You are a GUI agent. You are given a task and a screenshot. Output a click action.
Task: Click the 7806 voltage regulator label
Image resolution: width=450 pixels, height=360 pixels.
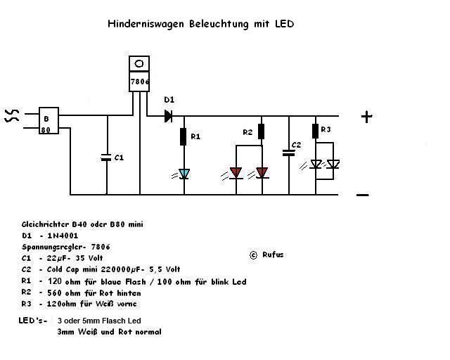(140, 82)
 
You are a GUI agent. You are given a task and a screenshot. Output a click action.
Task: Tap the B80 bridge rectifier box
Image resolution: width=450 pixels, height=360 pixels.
(47, 120)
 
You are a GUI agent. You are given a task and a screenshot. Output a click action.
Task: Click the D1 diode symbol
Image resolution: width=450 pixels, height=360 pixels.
(169, 116)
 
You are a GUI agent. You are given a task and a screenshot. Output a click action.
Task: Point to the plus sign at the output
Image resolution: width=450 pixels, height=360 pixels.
(366, 117)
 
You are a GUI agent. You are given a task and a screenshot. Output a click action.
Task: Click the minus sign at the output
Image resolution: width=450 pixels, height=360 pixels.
(363, 195)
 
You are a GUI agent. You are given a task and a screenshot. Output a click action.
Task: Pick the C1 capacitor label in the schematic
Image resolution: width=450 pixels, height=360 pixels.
(119, 158)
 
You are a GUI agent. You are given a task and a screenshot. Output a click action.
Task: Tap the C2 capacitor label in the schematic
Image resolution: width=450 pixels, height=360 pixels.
(297, 145)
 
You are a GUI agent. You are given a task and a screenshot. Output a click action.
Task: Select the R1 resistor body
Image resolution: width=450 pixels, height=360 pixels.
(184, 136)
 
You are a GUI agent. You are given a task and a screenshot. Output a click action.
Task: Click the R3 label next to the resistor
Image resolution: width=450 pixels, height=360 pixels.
(325, 130)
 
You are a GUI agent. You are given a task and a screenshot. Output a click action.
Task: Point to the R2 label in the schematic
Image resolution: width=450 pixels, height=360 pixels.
(247, 132)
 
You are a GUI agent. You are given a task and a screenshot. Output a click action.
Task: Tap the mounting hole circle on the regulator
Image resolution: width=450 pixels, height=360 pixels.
(140, 64)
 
